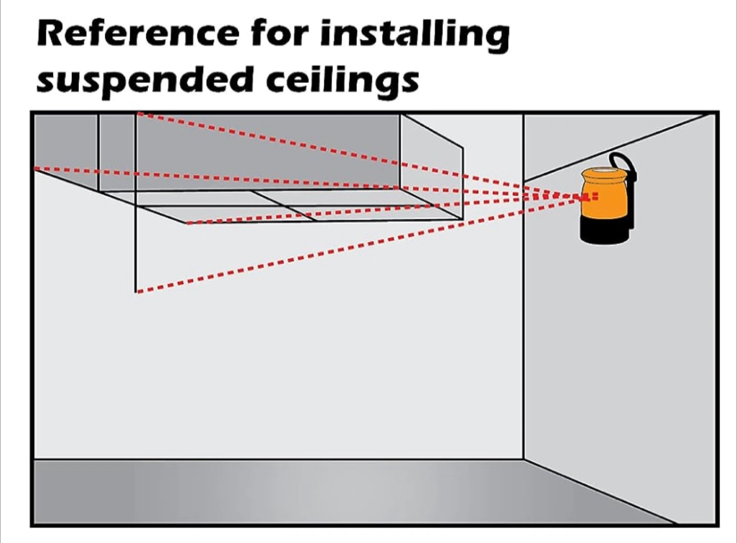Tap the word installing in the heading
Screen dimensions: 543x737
tap(415, 35)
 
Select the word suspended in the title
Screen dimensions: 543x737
tap(145, 81)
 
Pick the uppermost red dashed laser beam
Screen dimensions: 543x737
tap(307, 146)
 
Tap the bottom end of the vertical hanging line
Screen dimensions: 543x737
tap(136, 292)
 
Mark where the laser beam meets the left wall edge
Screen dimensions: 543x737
tap(35, 168)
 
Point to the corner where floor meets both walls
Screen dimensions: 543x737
tap(524, 459)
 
